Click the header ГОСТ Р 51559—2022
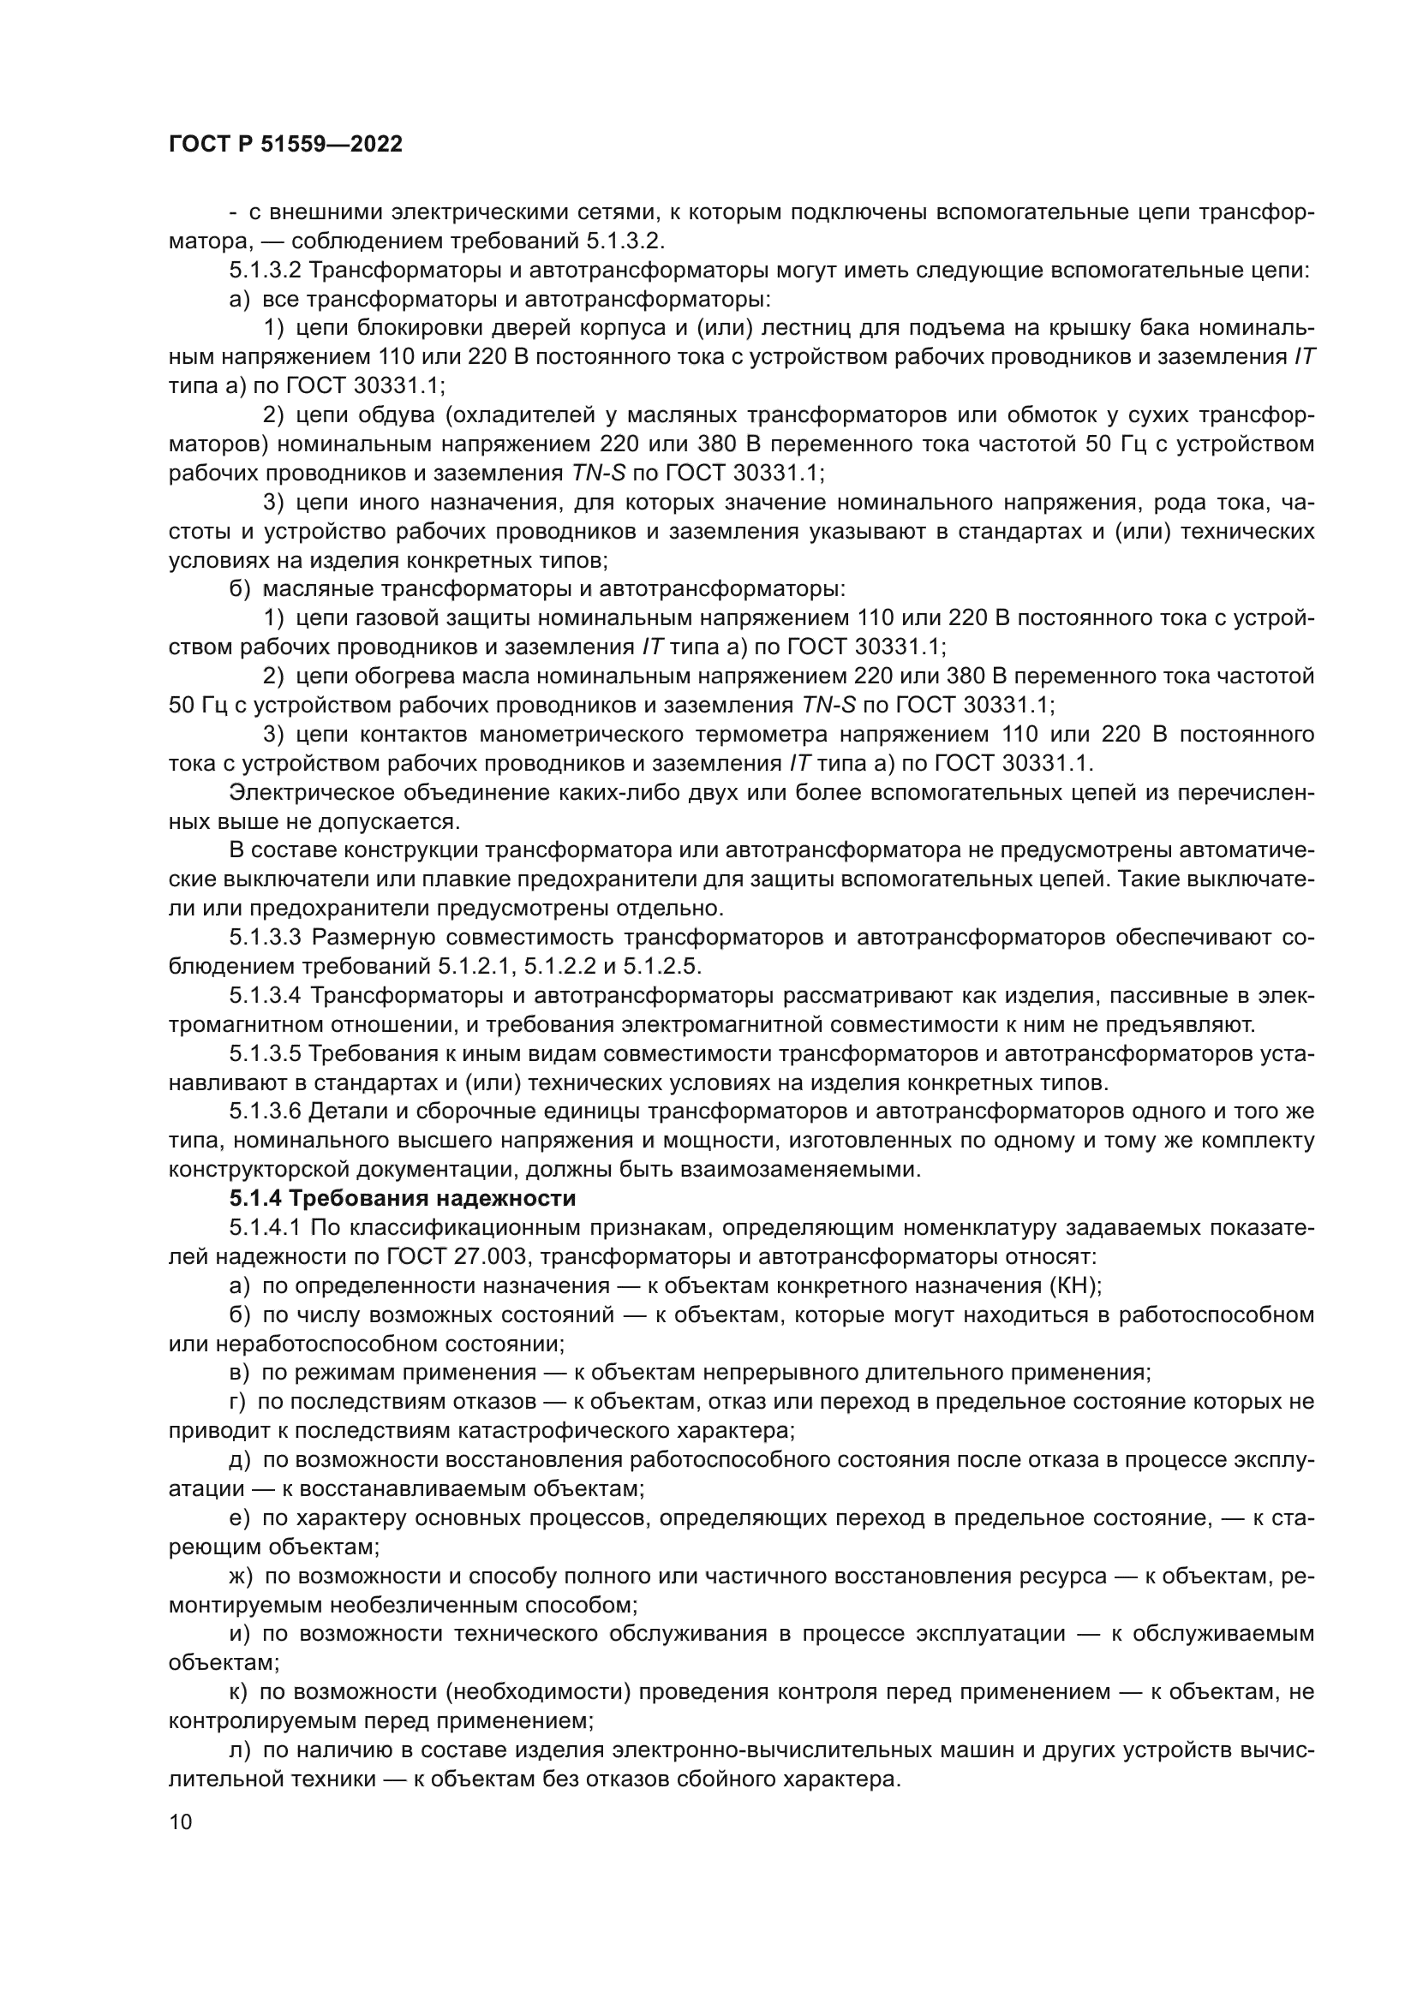click(285, 145)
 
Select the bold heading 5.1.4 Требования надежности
click(403, 1199)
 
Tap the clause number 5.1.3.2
click(266, 271)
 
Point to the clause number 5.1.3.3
click(266, 938)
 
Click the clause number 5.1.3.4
click(266, 995)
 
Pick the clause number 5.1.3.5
click(266, 1054)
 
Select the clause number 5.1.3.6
click(266, 1112)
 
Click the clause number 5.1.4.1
click(266, 1227)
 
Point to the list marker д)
click(240, 1459)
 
